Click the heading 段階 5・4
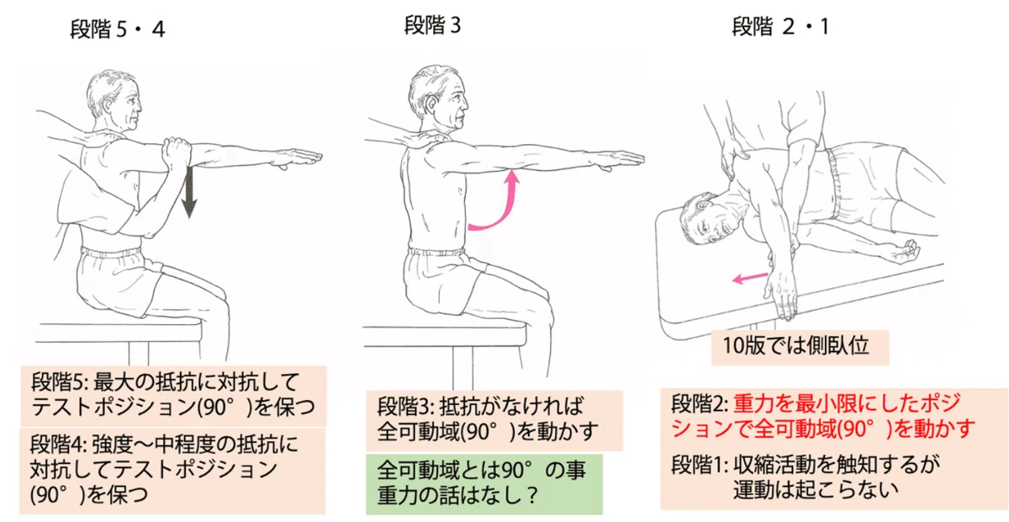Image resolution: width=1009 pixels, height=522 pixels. [x=118, y=29]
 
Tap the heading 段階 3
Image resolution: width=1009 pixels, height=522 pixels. [x=432, y=25]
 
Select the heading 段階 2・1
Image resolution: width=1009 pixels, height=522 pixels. [x=780, y=27]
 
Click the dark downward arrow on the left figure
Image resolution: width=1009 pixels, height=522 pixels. [x=188, y=192]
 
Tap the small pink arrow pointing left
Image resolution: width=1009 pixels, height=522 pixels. [x=750, y=278]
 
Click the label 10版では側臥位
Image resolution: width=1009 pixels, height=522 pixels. [x=796, y=346]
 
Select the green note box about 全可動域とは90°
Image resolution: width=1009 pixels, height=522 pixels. [x=484, y=483]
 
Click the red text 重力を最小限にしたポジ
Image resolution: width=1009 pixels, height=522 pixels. [x=847, y=403]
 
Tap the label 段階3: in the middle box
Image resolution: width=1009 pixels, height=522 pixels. [x=405, y=406]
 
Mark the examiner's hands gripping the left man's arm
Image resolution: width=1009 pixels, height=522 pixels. [x=177, y=152]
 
